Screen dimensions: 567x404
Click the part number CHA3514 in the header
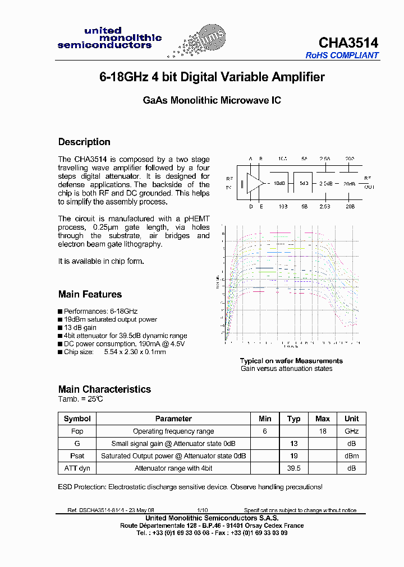click(x=348, y=43)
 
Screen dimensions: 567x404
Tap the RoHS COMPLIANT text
click(x=342, y=55)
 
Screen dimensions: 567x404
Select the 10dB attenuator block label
click(x=279, y=184)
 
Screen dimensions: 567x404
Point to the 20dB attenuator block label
click(x=348, y=184)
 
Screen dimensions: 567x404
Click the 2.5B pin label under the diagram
click(x=325, y=207)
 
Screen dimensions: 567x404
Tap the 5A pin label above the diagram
click(x=304, y=159)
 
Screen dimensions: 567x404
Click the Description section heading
click(x=84, y=142)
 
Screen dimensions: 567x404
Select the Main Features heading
click(x=90, y=294)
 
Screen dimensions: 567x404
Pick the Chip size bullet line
click(x=114, y=352)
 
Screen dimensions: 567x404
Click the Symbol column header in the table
click(x=77, y=419)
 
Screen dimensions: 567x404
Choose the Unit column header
click(x=351, y=419)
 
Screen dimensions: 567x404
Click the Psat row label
click(x=77, y=456)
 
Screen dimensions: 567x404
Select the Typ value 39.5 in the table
click(x=293, y=468)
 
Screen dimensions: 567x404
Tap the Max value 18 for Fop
click(x=323, y=431)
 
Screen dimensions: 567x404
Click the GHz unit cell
click(x=351, y=431)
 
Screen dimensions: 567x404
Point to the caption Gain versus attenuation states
click(x=286, y=369)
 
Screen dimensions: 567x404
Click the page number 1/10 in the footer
click(x=202, y=510)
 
